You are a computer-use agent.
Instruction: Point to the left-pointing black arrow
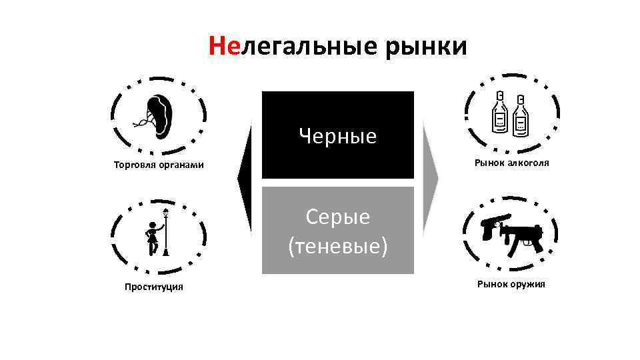245,179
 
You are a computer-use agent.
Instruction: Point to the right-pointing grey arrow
430,179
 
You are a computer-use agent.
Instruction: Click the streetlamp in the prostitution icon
165,233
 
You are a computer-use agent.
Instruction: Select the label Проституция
154,287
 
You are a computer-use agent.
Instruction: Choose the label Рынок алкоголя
512,162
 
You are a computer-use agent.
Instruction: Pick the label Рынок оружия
511,284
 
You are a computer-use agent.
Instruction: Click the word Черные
337,137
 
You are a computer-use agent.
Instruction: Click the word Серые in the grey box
337,217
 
